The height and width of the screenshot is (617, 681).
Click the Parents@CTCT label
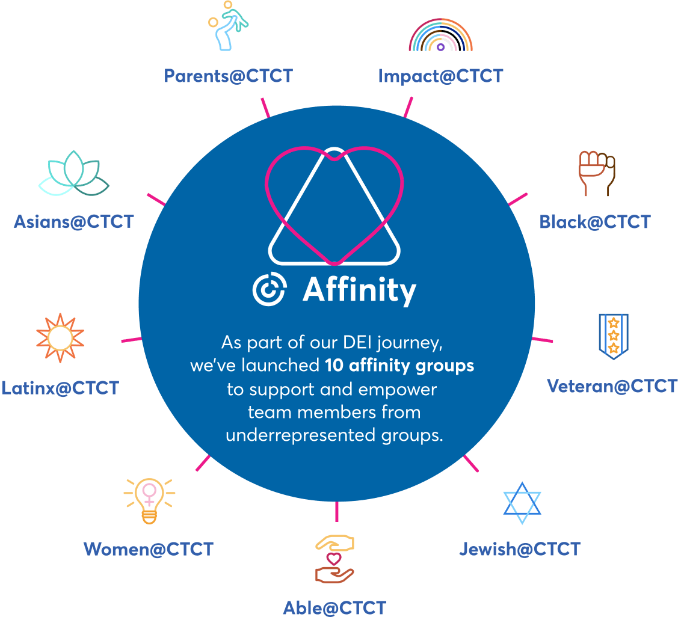click(x=228, y=76)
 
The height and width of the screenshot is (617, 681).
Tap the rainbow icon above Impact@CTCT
click(x=440, y=37)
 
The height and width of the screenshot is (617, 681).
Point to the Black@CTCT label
click(x=594, y=222)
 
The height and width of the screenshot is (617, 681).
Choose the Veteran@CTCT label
click(x=612, y=385)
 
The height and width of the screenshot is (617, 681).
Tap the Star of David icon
click(x=522, y=503)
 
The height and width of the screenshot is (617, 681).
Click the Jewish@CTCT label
click(x=519, y=548)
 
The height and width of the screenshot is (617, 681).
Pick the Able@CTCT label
click(x=334, y=607)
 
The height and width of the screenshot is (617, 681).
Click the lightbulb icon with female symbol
click(x=149, y=500)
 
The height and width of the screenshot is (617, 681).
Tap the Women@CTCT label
click(x=148, y=548)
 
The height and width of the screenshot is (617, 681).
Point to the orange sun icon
click(x=60, y=338)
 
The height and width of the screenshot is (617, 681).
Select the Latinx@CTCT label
click(x=60, y=388)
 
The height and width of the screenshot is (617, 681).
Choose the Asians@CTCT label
click(x=73, y=221)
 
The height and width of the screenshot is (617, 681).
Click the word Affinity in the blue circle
click(x=359, y=290)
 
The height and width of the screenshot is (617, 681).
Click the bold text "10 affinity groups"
click(x=399, y=365)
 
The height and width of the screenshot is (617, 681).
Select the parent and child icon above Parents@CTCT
click(x=229, y=25)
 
